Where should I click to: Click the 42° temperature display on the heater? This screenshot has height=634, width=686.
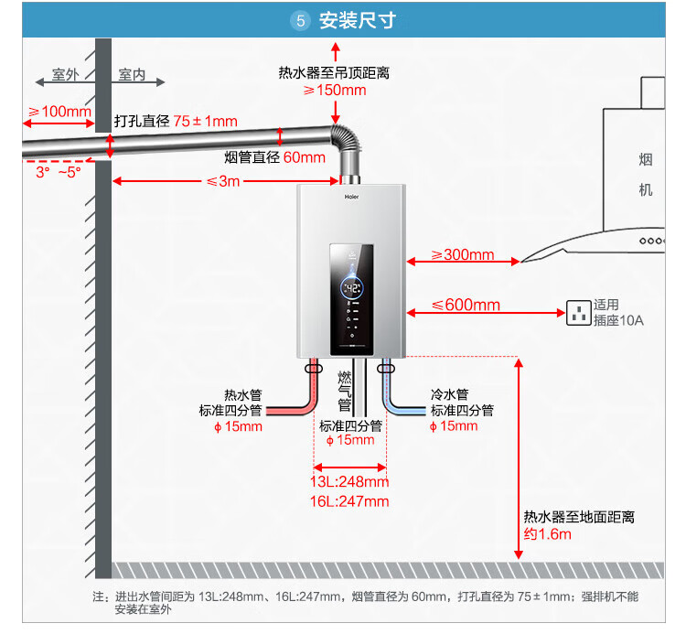pos(353,287)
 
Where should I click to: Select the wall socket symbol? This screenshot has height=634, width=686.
pos(578,313)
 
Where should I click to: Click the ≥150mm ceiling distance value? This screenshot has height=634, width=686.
pos(335,91)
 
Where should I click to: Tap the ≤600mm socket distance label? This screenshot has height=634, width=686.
pos(466,305)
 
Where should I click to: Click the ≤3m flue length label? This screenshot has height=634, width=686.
pos(223,181)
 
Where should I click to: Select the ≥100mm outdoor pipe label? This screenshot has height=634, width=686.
pos(59,113)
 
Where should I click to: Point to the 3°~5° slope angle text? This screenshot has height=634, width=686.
pos(59,171)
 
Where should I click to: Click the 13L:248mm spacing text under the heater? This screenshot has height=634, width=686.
pos(349,482)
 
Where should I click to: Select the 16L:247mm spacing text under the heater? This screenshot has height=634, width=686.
pos(349,501)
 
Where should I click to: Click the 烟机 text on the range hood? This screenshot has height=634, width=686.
pos(646,175)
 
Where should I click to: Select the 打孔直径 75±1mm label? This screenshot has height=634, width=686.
pos(176,121)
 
